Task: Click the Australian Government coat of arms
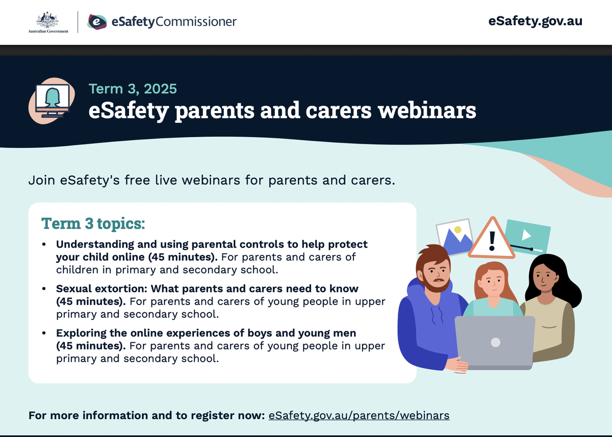point(47,20)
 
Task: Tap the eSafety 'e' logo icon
point(97,22)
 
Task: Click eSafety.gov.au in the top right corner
point(535,21)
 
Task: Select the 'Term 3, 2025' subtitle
point(133,89)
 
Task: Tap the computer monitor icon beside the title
point(53,101)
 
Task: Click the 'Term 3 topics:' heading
point(93,224)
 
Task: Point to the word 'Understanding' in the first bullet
point(95,244)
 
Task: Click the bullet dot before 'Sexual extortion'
point(44,289)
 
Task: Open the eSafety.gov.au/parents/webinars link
point(359,416)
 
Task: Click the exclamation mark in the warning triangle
point(492,241)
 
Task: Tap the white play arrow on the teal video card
point(526,235)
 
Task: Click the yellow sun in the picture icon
point(458,230)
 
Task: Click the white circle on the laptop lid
point(496,342)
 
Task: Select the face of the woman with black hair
point(544,278)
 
